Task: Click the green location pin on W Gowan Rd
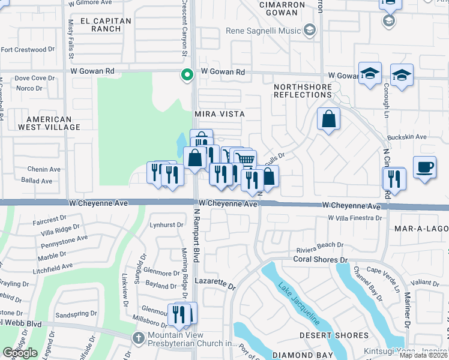187,75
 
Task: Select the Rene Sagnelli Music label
263,31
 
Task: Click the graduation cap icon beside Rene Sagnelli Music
310,30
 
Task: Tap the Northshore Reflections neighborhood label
303,91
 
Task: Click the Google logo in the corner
20,353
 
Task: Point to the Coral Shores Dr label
321,260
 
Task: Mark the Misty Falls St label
71,39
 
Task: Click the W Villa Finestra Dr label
355,217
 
